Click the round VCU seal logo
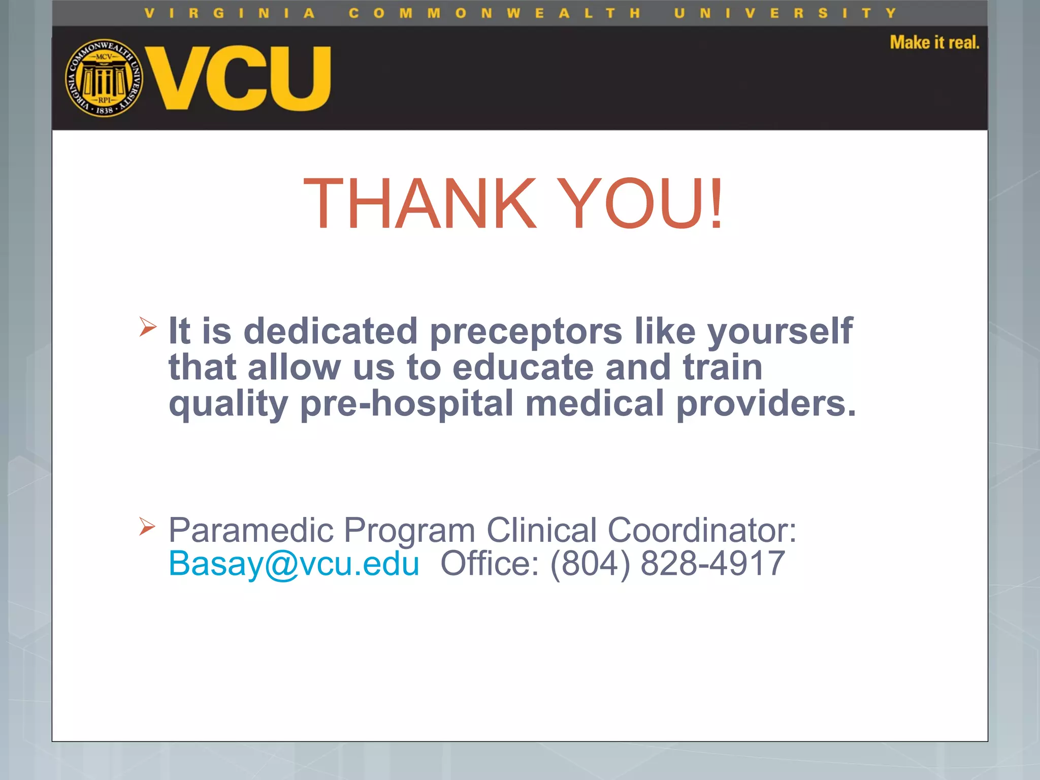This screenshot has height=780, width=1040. (x=104, y=78)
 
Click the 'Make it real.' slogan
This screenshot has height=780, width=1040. (x=934, y=43)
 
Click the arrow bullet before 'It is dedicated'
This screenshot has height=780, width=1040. (x=148, y=327)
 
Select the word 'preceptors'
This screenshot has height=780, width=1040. (x=526, y=331)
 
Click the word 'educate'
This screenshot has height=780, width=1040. (x=523, y=367)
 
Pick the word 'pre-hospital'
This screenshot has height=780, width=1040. (x=407, y=404)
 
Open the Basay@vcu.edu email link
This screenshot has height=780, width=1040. (x=294, y=564)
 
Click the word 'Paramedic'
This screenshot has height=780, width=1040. (x=251, y=530)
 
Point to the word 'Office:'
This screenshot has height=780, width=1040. (x=489, y=563)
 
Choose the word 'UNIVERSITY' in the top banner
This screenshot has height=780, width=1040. (x=785, y=14)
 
